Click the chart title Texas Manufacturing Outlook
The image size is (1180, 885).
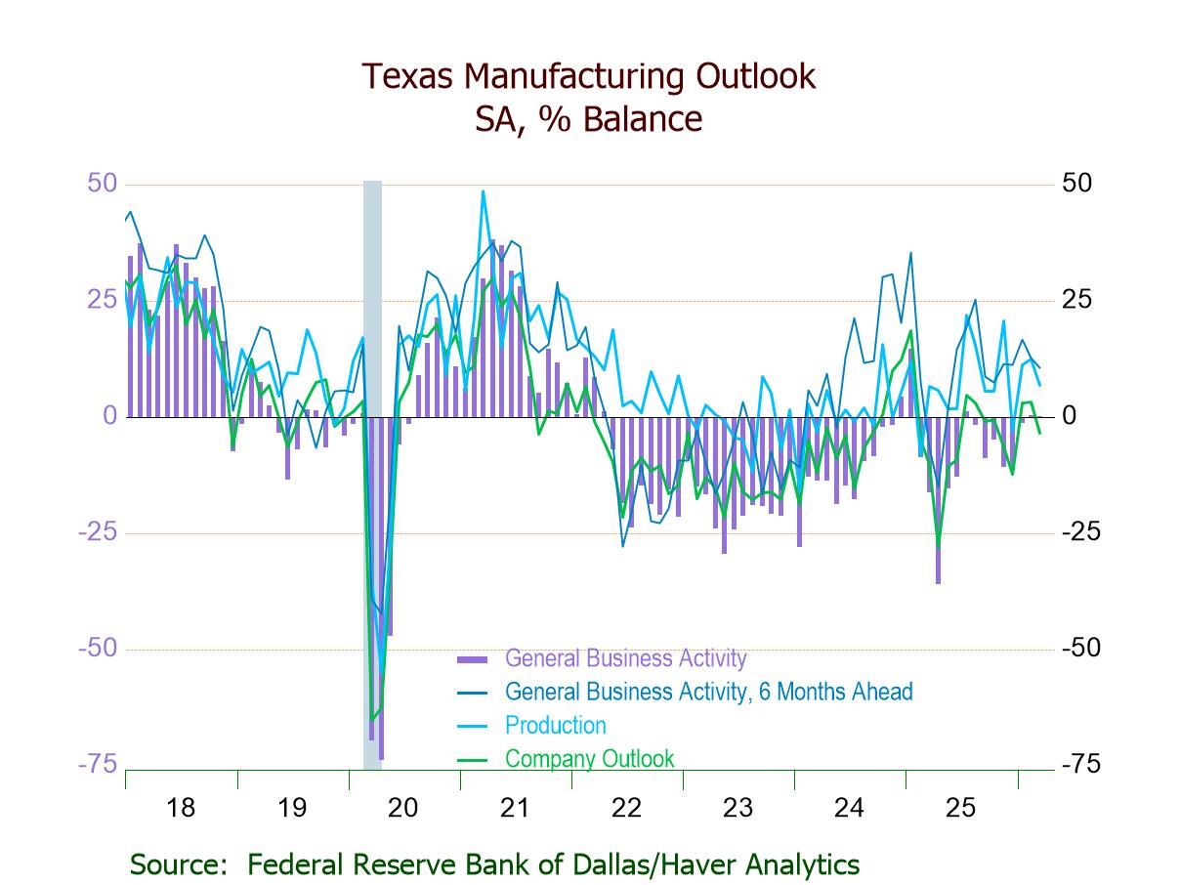tap(588, 76)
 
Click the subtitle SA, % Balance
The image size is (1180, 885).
tap(588, 119)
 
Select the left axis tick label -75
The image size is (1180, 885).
tap(98, 764)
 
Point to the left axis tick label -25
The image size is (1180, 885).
tap(98, 532)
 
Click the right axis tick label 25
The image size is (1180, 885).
tap(1076, 300)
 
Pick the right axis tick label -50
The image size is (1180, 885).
tap(1080, 649)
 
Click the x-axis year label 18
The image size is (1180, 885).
tap(181, 808)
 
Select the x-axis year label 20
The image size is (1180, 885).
tap(403, 808)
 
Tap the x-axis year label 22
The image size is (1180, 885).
tap(626, 808)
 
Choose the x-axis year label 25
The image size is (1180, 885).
tap(960, 808)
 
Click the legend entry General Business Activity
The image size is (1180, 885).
tap(625, 658)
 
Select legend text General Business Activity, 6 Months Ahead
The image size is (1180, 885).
tap(708, 692)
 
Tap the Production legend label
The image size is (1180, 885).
tap(555, 725)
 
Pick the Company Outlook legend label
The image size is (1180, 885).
tap(589, 758)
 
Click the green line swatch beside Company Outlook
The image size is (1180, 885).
tap(473, 759)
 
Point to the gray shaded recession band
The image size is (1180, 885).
tap(372, 293)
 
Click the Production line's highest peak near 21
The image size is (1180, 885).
tap(483, 191)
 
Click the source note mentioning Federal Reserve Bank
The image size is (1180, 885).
tap(494, 864)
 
